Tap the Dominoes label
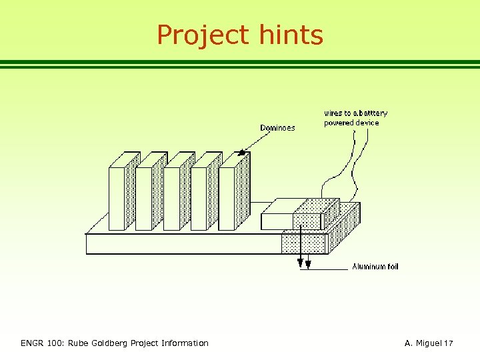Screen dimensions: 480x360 pos(277,127)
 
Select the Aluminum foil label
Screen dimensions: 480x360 pos(375,267)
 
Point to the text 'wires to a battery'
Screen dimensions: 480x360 pos(355,113)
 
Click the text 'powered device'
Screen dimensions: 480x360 pos(351,123)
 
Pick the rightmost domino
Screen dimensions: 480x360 pos(227,198)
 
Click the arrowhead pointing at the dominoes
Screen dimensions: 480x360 pos(243,153)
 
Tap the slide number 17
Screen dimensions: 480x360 pos(449,343)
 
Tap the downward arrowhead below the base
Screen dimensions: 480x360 pos(301,261)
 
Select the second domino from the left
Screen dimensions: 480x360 pos(145,198)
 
